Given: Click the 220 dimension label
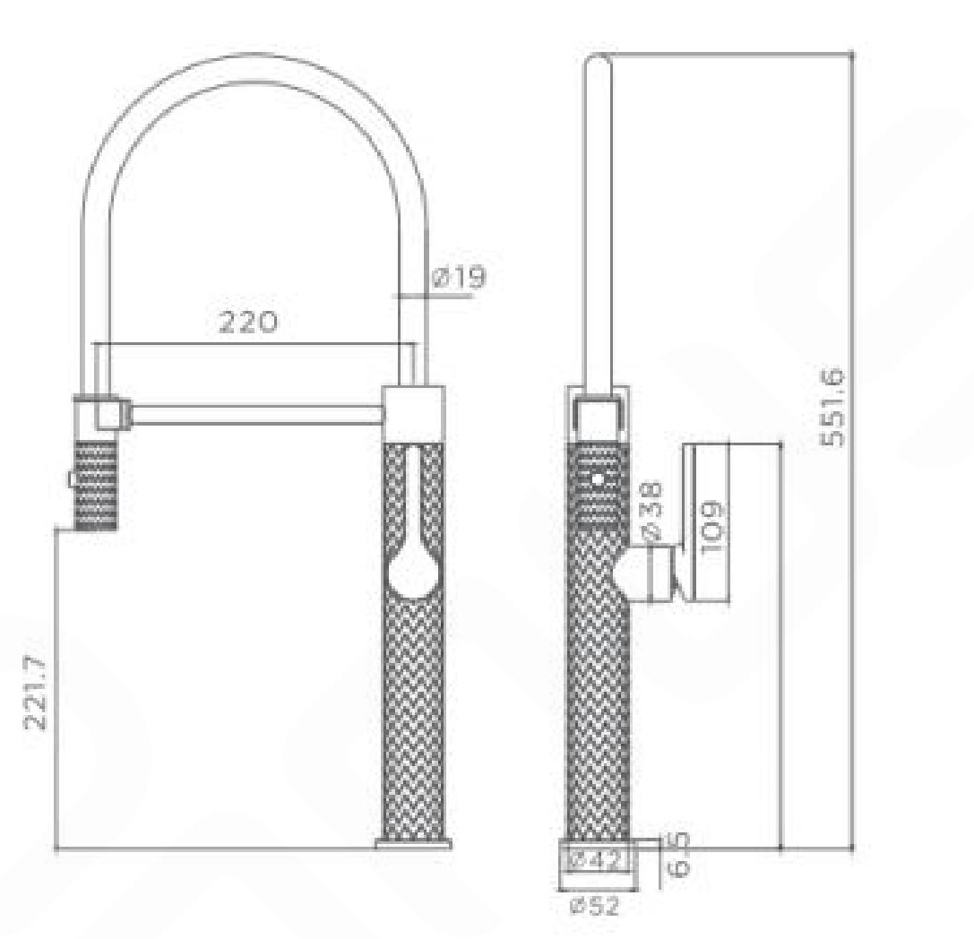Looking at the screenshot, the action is (248, 322).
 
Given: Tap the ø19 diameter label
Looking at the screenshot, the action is (459, 277).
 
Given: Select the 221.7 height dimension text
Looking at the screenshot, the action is (35, 692).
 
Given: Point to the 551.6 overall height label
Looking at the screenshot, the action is (832, 407).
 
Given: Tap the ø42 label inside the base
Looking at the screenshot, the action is (596, 860).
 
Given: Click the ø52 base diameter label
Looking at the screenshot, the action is (595, 906).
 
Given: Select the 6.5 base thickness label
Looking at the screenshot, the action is (680, 854).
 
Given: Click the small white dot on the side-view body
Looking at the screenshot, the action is (598, 479).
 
